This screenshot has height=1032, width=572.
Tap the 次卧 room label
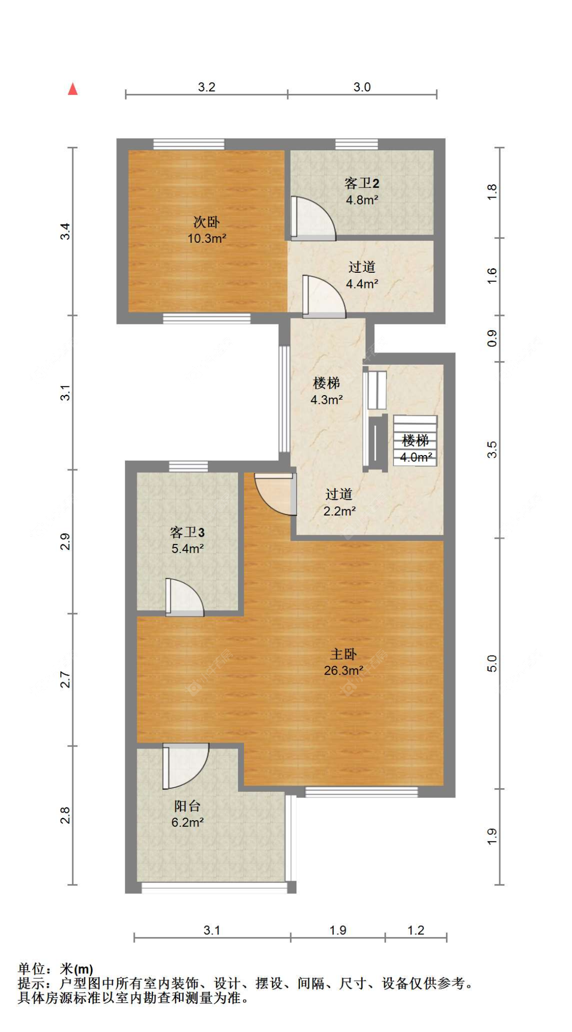(206, 222)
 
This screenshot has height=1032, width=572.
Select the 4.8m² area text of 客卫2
(362, 200)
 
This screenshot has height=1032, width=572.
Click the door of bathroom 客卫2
(312, 218)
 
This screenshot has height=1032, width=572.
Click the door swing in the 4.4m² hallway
(324, 297)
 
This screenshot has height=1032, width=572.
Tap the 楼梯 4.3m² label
(326, 391)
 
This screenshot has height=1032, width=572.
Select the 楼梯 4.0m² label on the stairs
(416, 448)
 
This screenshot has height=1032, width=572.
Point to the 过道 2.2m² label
(339, 502)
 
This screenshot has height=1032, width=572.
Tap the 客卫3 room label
(187, 532)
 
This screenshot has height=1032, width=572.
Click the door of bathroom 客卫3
(185, 598)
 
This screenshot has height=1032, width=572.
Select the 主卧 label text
(344, 654)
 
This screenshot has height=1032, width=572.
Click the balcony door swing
(186, 766)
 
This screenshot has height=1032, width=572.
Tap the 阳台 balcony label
(187, 806)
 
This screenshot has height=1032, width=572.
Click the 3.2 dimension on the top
(206, 87)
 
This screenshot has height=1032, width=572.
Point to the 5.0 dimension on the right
(492, 663)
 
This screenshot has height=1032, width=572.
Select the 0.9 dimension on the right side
(492, 338)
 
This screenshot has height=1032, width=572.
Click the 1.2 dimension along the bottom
(415, 930)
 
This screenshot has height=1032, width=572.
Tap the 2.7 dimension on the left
(65, 680)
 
